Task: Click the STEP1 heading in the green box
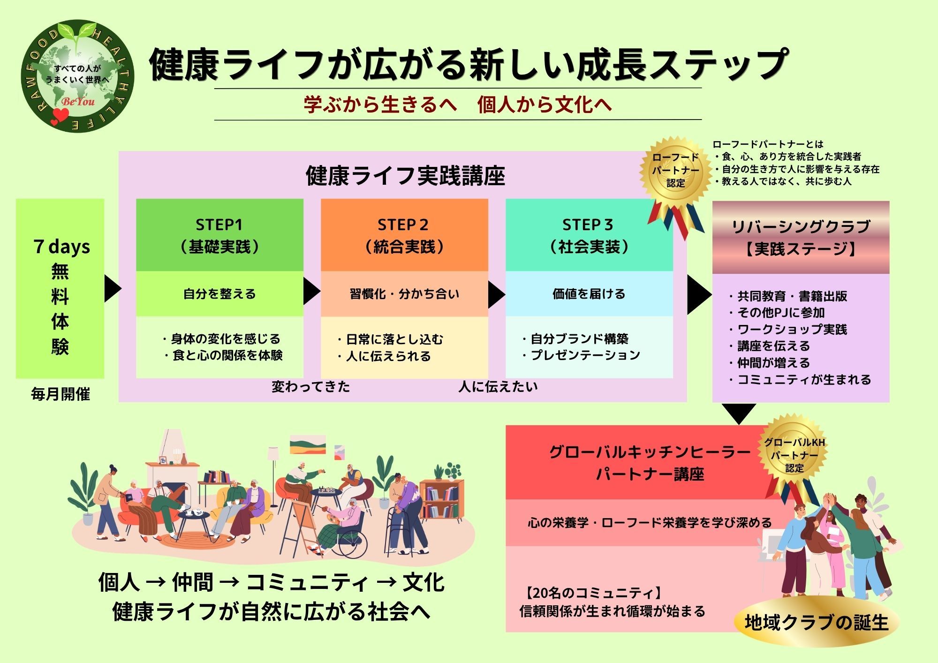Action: tap(219, 225)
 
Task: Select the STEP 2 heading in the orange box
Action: tap(403, 225)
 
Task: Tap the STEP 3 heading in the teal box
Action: tap(588, 225)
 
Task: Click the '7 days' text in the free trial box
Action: tap(61, 247)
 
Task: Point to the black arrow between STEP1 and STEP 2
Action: tap(311, 291)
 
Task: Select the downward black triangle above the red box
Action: tap(739, 413)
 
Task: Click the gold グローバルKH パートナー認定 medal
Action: tap(794, 454)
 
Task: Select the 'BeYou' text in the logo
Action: tap(78, 101)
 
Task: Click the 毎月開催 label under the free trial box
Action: tap(61, 394)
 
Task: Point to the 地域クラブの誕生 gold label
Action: tap(817, 623)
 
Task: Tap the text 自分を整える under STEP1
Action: tap(219, 294)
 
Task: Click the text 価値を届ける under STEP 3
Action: tap(589, 294)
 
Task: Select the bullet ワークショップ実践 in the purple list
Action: tap(792, 329)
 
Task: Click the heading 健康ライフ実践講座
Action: tap(405, 176)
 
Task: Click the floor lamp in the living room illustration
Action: tap(273, 464)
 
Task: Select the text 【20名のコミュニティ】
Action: tap(593, 593)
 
